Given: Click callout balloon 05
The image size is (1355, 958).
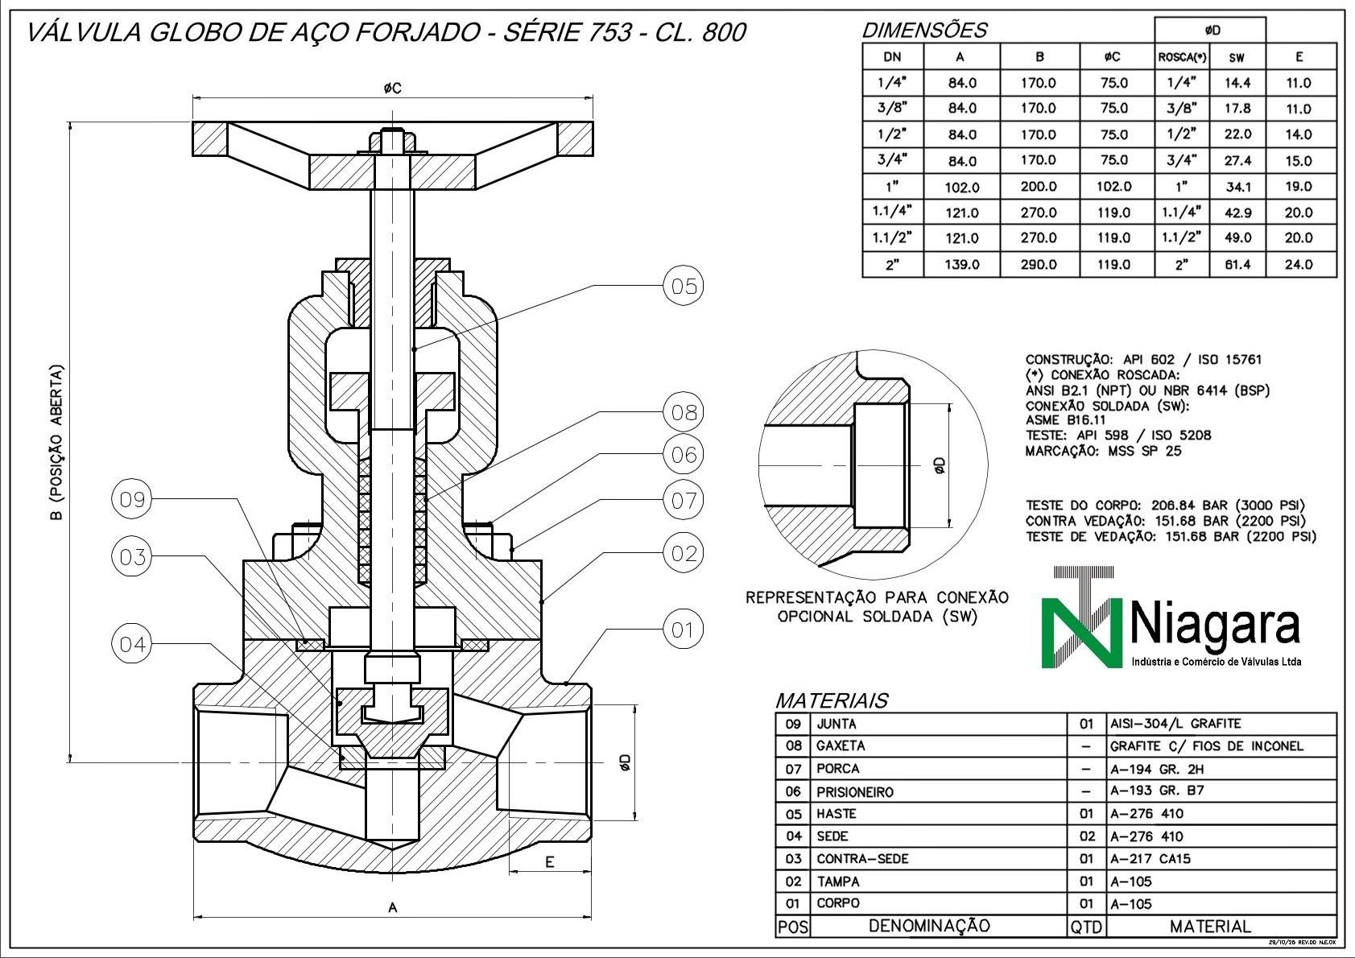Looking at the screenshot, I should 683,287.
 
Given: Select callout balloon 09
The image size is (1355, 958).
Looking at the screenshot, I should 131,500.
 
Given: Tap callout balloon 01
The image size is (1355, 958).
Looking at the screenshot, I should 683,630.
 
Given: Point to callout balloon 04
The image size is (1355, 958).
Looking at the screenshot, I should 131,644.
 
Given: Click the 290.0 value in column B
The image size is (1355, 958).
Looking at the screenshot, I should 1039,264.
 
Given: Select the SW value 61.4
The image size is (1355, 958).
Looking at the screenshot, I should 1237,264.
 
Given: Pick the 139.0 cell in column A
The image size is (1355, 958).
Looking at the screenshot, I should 961,264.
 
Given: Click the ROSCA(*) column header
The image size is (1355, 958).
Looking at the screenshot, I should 1181,57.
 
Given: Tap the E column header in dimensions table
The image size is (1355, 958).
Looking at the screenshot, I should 1299,57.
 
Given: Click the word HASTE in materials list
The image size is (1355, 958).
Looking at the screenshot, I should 837,814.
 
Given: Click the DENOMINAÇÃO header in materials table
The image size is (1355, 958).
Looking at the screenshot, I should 929,927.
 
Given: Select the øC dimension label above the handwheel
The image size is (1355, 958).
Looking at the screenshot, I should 392,88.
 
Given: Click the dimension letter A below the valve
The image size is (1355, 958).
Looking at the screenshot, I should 393,908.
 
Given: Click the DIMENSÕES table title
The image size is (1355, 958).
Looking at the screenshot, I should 924,31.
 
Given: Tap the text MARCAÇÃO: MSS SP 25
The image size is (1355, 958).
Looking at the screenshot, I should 1103,452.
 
